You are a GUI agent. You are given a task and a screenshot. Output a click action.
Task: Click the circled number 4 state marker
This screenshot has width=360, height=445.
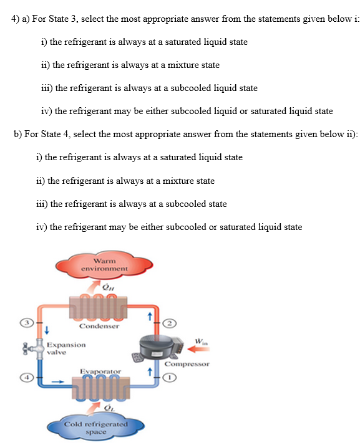[26, 377]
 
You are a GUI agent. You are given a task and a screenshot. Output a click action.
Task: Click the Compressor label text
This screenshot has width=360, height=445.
[187, 363]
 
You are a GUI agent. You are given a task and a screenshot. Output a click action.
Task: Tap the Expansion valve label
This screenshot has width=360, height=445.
[66, 348]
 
